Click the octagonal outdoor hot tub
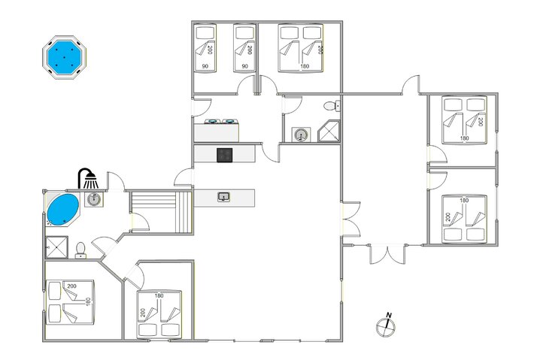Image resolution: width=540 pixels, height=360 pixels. click(65, 57)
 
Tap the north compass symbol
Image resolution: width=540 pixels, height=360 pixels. click(385, 325)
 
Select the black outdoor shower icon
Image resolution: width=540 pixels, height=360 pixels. click(88, 178)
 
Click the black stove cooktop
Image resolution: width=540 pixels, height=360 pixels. click(225, 155)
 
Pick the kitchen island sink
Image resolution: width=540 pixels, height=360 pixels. click(224, 197)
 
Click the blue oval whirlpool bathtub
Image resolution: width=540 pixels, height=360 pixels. click(62, 210)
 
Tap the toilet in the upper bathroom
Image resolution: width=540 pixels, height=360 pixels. click(332, 106)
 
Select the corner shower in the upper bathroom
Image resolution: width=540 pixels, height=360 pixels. click(329, 131)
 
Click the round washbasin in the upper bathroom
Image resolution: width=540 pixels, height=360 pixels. click(302, 135)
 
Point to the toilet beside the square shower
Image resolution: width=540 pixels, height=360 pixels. click(80, 250)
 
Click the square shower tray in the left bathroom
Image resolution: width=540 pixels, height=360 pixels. click(56, 247)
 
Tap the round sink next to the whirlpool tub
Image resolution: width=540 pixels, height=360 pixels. click(93, 199)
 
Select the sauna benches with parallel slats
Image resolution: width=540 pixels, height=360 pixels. click(161, 212)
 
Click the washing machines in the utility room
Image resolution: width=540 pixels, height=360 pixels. click(221, 121)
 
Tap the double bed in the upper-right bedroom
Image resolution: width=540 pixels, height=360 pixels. click(464, 119)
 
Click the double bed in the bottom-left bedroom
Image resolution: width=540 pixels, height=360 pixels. click(70, 302)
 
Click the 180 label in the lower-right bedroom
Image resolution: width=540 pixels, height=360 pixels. click(464, 200)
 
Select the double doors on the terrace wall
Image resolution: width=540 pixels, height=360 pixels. click(387, 254)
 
